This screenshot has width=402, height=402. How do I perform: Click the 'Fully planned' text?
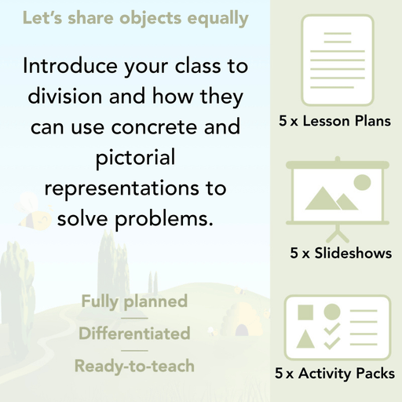pos(134,301)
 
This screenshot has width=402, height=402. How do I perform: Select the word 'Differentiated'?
pos(134,334)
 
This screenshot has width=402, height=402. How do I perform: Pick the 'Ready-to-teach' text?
pos(134,366)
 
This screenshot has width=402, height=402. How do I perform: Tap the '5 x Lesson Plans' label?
pos(334,122)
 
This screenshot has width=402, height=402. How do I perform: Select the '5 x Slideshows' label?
pos(341,254)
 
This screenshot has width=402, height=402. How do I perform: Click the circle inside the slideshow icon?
pos(362,183)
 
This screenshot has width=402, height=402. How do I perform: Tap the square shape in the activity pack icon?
pos(305,312)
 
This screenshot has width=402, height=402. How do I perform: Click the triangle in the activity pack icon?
pos(305,340)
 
